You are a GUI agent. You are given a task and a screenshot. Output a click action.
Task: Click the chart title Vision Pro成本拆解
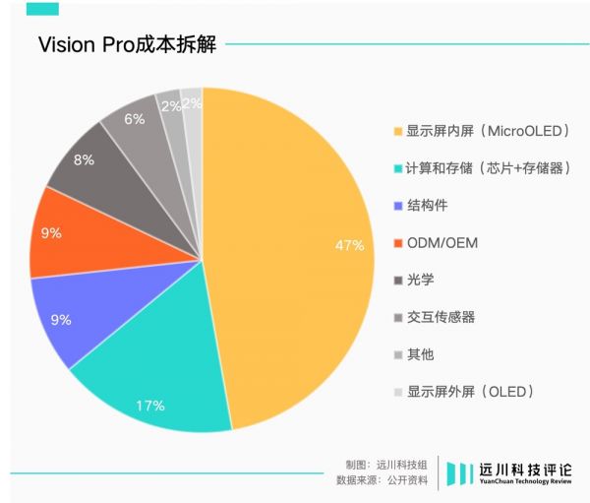click(x=127, y=45)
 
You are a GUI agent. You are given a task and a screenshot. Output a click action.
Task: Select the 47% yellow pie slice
click(x=295, y=256)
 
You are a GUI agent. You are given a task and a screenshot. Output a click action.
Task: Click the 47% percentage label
click(x=349, y=244)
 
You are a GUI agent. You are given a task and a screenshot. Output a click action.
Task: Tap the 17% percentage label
click(x=151, y=405)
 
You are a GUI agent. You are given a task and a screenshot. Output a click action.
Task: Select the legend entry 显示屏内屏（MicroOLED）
click(x=489, y=131)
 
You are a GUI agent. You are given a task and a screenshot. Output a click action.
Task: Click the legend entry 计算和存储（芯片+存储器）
click(x=489, y=168)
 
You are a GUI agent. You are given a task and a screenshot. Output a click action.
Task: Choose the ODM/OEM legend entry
click(x=442, y=243)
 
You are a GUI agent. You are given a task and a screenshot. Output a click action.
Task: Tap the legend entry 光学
click(x=422, y=281)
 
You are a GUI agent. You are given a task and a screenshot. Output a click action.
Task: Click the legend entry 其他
click(x=422, y=354)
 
